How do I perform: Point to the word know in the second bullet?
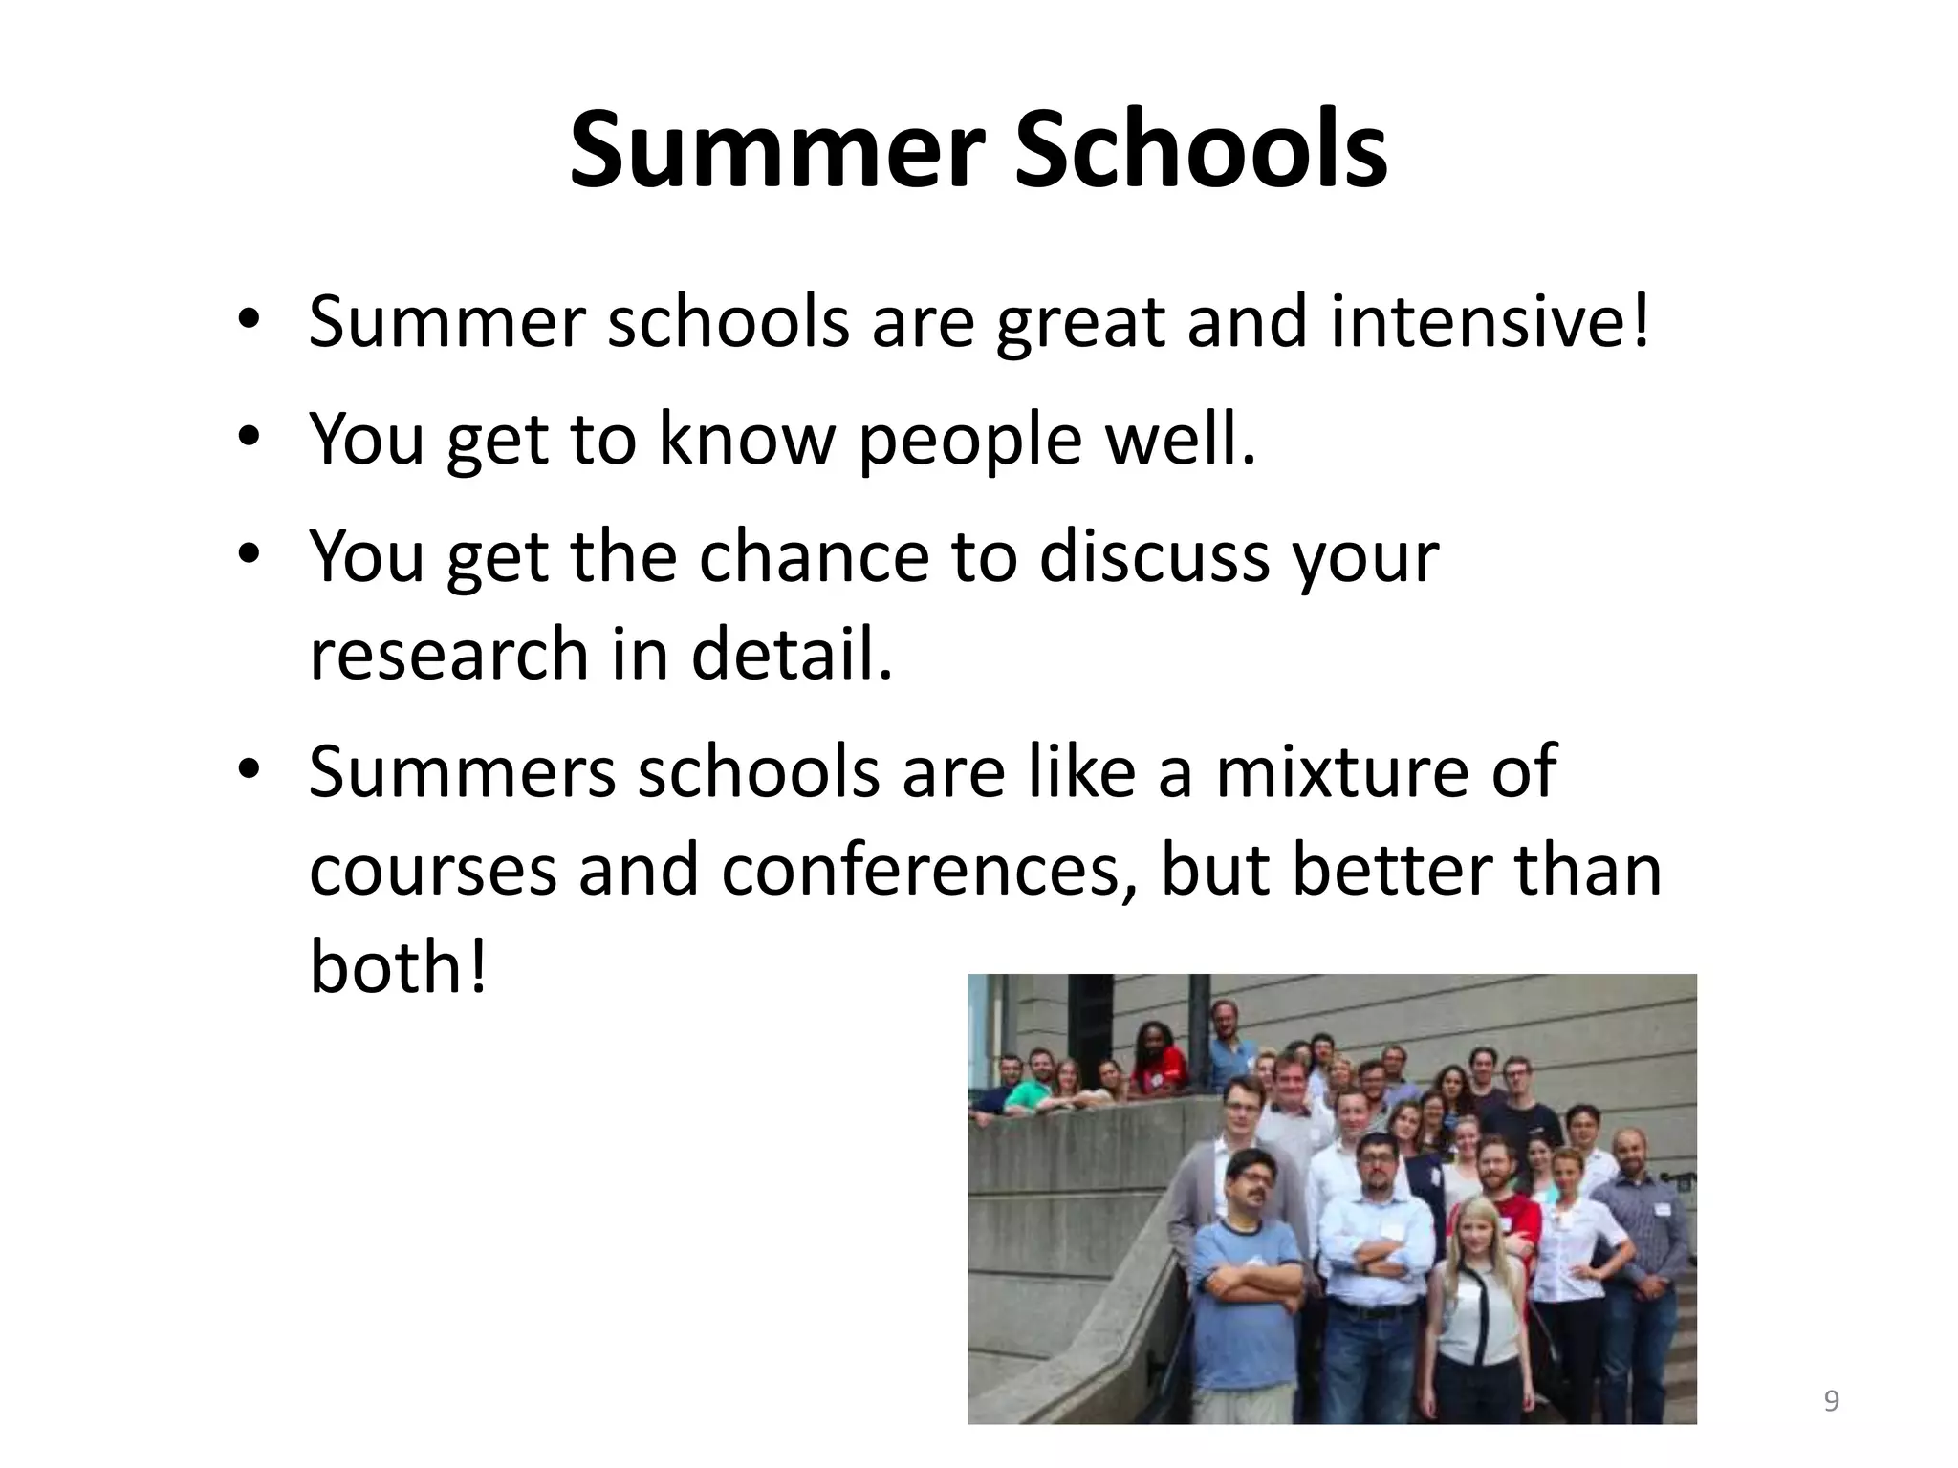747,439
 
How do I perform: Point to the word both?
398,967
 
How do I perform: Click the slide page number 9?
1831,1402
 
